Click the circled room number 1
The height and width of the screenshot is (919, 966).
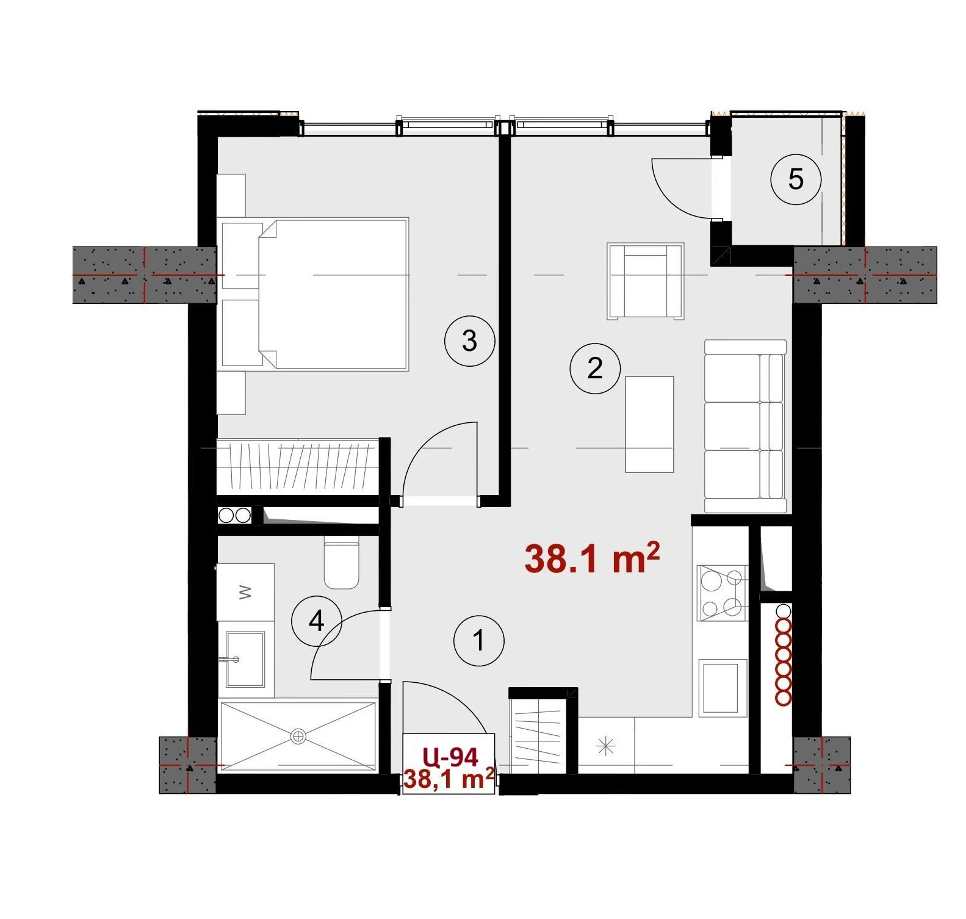pos(479,641)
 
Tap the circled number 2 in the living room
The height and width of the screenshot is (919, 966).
pos(595,368)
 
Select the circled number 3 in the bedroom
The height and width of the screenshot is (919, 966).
pos(469,341)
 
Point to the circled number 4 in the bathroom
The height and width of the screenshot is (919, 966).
pos(316,621)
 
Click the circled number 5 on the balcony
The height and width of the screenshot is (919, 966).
pos(796,179)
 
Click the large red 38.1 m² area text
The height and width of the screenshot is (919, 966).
pos(592,557)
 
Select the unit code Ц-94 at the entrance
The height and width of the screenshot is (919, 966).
pos(450,757)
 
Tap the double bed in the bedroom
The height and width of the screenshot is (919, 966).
pos(333,294)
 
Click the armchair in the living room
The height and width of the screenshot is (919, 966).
pos(646,281)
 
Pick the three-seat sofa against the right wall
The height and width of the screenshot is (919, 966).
pos(745,426)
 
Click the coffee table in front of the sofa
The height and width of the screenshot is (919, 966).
pos(649,424)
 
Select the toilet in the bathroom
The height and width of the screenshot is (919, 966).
pos(341,563)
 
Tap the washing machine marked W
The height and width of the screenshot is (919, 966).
pos(246,592)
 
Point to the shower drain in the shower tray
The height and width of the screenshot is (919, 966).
pos(298,736)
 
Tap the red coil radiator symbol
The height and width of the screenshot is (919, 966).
pos(783,655)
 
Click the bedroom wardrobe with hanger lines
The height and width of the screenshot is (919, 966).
pos(297,466)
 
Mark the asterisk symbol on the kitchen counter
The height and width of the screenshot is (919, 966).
pos(606,746)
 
